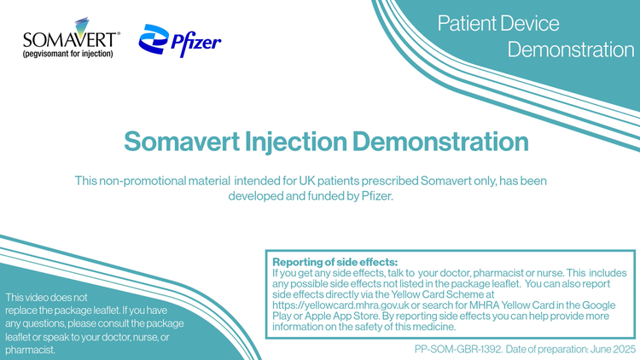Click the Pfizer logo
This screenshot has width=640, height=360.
pos(179,40)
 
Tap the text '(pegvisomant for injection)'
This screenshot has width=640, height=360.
pos(67,54)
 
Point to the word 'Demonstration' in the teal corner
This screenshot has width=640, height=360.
pos(571,49)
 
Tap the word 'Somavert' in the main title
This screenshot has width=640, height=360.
pos(182,142)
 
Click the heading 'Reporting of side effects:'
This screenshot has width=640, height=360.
pos(335,262)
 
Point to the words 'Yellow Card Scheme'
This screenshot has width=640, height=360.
pos(437,294)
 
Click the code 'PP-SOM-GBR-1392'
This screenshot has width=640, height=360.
pos(457,350)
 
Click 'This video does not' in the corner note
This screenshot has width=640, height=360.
pos(46,298)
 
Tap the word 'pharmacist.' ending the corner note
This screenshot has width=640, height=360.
pos(30,350)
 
